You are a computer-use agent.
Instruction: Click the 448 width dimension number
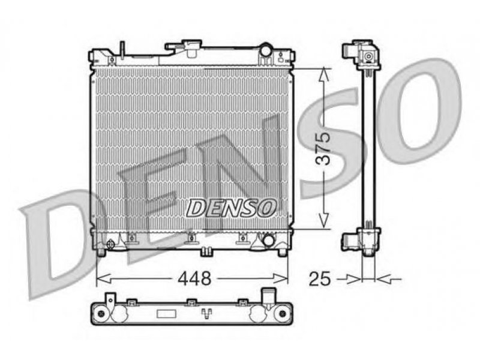(195, 278)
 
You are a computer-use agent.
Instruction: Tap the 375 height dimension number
(323, 148)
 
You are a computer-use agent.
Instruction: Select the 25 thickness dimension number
(320, 278)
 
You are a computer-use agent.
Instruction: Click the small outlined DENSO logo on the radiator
(232, 208)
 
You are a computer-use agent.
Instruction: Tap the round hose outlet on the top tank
(266, 50)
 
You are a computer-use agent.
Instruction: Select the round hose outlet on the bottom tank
(269, 240)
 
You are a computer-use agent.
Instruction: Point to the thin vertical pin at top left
(122, 49)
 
